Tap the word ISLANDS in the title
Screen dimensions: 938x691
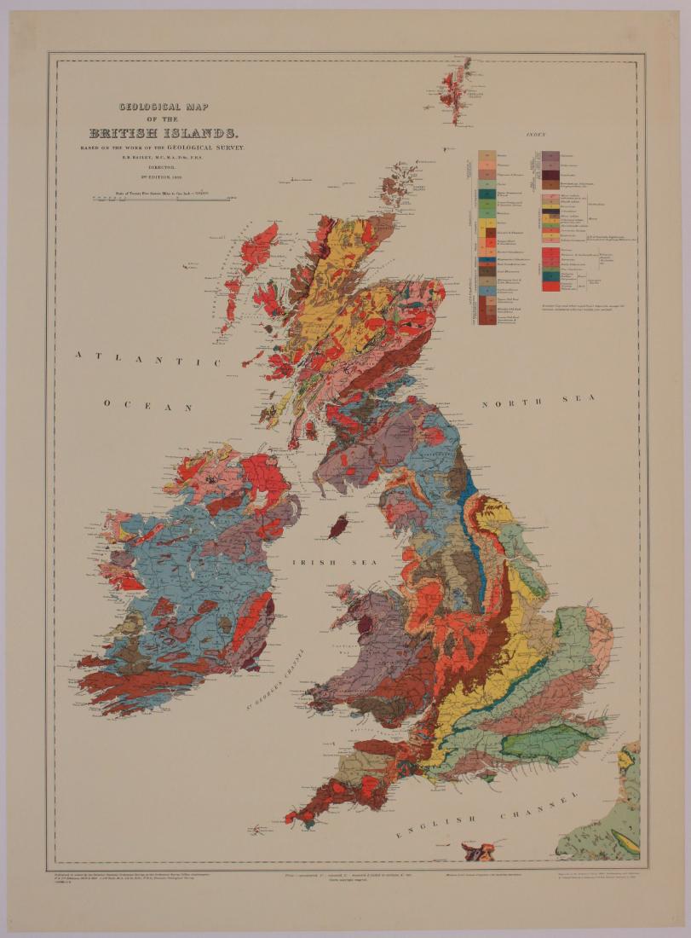tap(202, 134)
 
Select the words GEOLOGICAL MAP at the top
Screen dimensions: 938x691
tap(164, 108)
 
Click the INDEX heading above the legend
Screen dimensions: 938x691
tap(537, 135)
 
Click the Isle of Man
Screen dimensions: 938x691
tap(338, 526)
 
